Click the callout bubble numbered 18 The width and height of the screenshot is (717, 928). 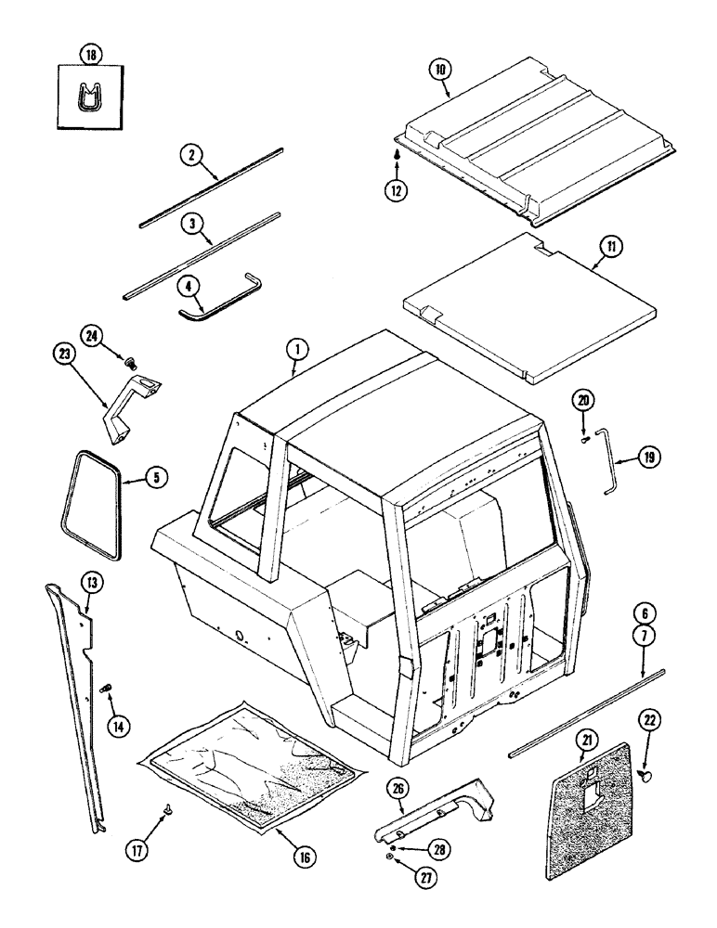(92, 56)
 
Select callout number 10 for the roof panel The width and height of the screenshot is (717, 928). (439, 69)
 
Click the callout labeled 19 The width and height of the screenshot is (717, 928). (648, 458)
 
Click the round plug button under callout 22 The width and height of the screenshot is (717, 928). (647, 774)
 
